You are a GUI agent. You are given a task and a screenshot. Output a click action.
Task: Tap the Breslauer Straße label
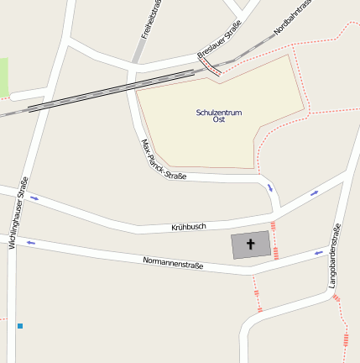click(220, 41)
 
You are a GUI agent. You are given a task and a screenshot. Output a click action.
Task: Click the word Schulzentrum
click(218, 112)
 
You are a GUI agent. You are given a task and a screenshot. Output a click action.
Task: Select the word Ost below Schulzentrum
click(219, 119)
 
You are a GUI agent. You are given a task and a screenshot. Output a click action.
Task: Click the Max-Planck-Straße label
click(163, 160)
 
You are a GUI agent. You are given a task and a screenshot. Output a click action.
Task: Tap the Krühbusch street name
click(189, 227)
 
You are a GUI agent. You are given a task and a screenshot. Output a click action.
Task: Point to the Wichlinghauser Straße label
click(18, 212)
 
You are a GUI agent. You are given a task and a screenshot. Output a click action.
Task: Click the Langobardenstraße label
click(335, 257)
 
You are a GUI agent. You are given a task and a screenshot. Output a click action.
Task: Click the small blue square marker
click(19, 325)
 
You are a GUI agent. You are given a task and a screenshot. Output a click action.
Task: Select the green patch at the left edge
click(3, 76)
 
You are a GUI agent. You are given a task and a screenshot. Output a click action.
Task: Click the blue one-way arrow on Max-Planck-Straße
click(270, 187)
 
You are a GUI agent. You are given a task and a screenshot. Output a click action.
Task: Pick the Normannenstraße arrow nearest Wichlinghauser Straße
click(31, 243)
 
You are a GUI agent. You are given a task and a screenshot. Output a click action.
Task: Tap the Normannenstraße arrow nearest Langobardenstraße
click(319, 251)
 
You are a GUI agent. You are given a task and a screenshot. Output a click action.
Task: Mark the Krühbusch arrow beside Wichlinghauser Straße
click(34, 198)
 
